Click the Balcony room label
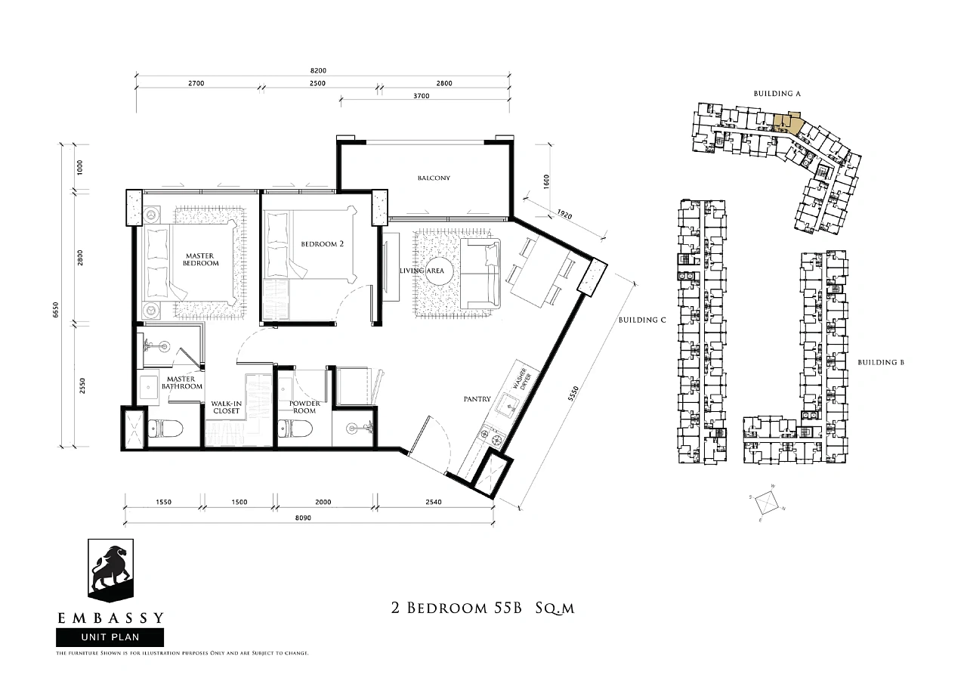tap(434, 178)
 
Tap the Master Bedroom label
tap(200, 259)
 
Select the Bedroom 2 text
tap(322, 244)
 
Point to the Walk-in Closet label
tap(226, 407)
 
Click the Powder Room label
tap(304, 407)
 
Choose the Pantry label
tap(477, 399)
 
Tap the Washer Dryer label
tap(521, 379)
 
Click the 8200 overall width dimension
tap(318, 70)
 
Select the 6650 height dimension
tap(55, 310)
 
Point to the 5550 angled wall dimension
tap(573, 394)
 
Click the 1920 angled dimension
tap(564, 214)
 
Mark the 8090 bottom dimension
tap(303, 518)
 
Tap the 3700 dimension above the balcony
tap(422, 96)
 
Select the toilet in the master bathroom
tap(165, 429)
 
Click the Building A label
tap(777, 93)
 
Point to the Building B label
tap(881, 362)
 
